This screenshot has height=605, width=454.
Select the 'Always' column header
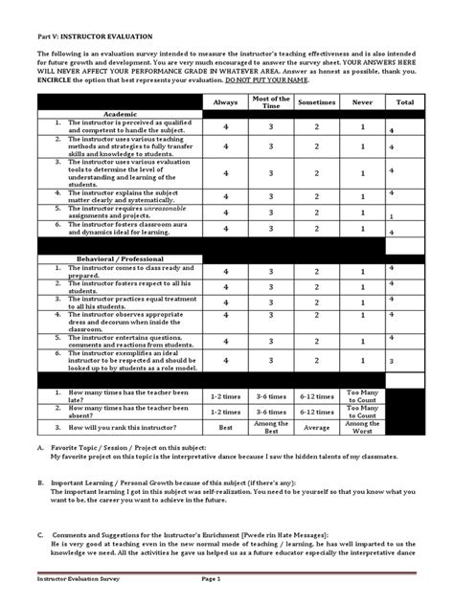point(226,101)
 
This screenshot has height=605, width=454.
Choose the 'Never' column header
point(361,101)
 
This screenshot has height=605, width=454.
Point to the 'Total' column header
point(404,101)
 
